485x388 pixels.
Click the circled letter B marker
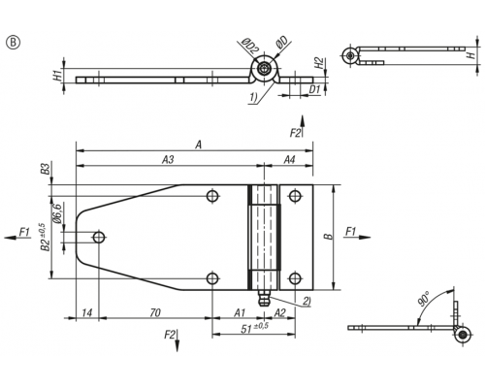coord(13,43)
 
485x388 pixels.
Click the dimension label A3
coord(168,159)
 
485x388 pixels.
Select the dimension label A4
coord(289,159)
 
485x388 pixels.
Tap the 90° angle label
coord(424,299)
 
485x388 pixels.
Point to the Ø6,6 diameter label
coord(58,213)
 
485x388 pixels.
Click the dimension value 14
coord(87,312)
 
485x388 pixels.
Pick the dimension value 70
coord(155,312)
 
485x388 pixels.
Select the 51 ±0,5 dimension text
coord(255,328)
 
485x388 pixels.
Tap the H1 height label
coord(58,77)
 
